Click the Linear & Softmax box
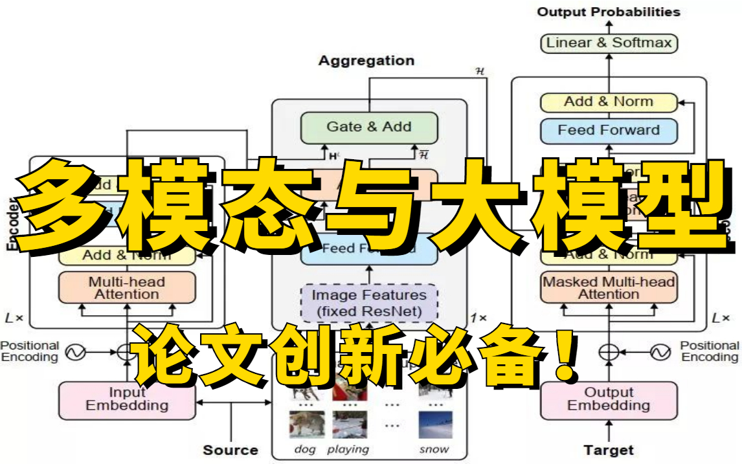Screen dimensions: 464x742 coord(608,43)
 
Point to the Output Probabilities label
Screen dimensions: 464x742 coord(608,12)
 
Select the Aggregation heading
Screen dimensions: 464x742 coord(366,61)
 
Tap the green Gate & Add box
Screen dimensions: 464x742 coord(369,127)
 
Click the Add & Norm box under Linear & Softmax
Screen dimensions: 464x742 coord(608,102)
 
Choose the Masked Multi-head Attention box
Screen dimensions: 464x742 coord(608,288)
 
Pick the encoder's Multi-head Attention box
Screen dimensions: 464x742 coord(127,288)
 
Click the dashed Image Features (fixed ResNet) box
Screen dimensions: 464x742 coord(369,303)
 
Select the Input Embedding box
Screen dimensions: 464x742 coord(127,400)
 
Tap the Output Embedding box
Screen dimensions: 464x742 coord(608,399)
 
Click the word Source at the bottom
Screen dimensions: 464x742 coord(230,450)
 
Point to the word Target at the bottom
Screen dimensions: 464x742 coord(608,450)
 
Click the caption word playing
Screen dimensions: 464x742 coord(348,449)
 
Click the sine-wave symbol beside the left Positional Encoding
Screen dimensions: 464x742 coord(76,352)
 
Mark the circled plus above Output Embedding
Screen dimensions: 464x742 coord(608,352)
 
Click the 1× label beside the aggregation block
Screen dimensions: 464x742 coord(478,318)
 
